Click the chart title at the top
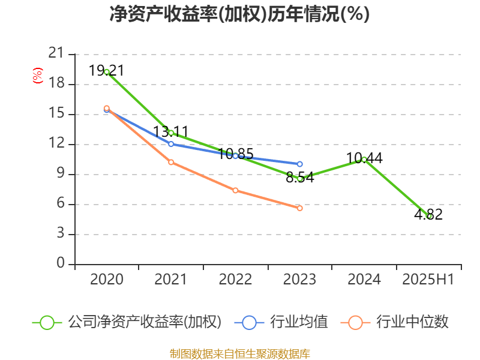coord(239,14)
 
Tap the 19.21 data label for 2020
coord(107,71)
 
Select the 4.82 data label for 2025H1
coord(428,214)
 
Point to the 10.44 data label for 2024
coord(364,158)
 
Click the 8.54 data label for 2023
coord(299,178)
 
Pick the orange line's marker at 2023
coord(299,208)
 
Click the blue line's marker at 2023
coord(299,164)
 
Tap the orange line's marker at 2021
coord(171,162)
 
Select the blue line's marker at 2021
coord(171,144)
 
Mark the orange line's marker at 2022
coord(235,190)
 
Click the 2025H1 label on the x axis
coord(428,280)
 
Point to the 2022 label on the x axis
coord(235,280)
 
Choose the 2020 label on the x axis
coord(107,280)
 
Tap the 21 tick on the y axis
coord(56,53)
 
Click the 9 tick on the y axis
coord(61,173)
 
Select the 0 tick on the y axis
coord(61,263)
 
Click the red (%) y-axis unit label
coord(38,76)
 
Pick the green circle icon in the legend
coord(47,323)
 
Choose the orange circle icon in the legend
coord(355,323)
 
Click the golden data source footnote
coord(239,354)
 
